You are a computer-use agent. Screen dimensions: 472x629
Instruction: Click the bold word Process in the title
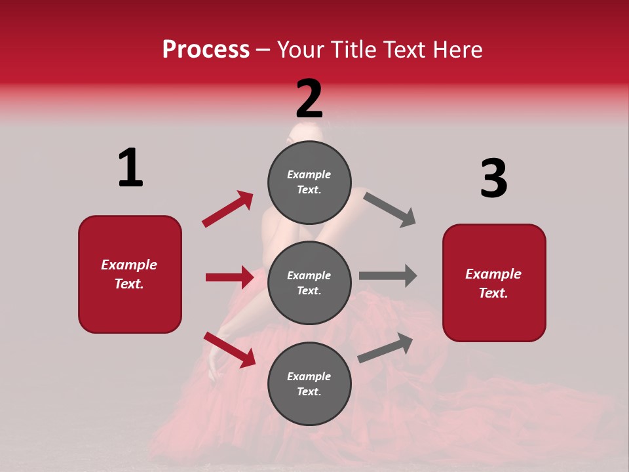[x=206, y=50]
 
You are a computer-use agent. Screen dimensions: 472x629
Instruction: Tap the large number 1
[x=130, y=168]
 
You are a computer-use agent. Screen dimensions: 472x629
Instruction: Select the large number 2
[x=309, y=98]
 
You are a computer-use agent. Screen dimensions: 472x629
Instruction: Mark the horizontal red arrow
[x=229, y=277]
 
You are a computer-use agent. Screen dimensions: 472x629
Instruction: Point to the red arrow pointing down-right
[x=229, y=349]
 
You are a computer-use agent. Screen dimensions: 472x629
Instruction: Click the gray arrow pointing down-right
[x=390, y=210]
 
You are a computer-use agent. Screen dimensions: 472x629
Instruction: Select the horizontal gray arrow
[x=388, y=275]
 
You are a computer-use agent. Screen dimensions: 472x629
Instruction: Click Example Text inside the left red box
[x=129, y=274]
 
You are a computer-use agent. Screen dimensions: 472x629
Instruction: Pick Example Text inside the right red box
[x=493, y=283]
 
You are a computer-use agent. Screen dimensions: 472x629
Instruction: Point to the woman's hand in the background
[x=215, y=364]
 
